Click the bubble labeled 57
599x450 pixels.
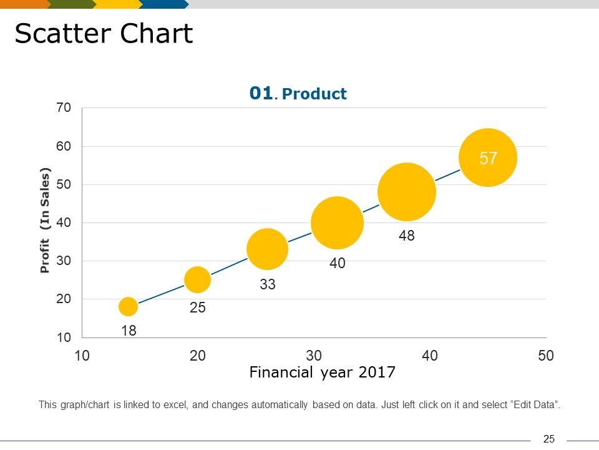(488, 157)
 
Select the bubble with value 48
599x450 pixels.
(407, 192)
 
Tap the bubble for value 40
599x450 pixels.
(337, 222)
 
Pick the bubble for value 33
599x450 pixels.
(268, 249)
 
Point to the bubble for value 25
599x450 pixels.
(198, 279)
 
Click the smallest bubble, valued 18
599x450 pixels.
(128, 306)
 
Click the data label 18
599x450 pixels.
(129, 331)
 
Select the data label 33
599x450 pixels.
(268, 285)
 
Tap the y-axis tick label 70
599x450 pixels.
(64, 108)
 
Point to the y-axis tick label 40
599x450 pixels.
(64, 222)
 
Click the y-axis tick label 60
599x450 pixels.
(64, 146)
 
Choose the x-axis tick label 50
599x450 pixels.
(546, 356)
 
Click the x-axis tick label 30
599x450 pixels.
(314, 356)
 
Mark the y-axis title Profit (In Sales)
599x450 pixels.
(44, 221)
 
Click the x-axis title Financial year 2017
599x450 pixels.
(323, 373)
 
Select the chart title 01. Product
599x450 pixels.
(298, 94)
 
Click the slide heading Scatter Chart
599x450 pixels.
(104, 34)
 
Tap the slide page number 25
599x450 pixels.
(549, 439)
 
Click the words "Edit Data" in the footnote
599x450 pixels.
(535, 405)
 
